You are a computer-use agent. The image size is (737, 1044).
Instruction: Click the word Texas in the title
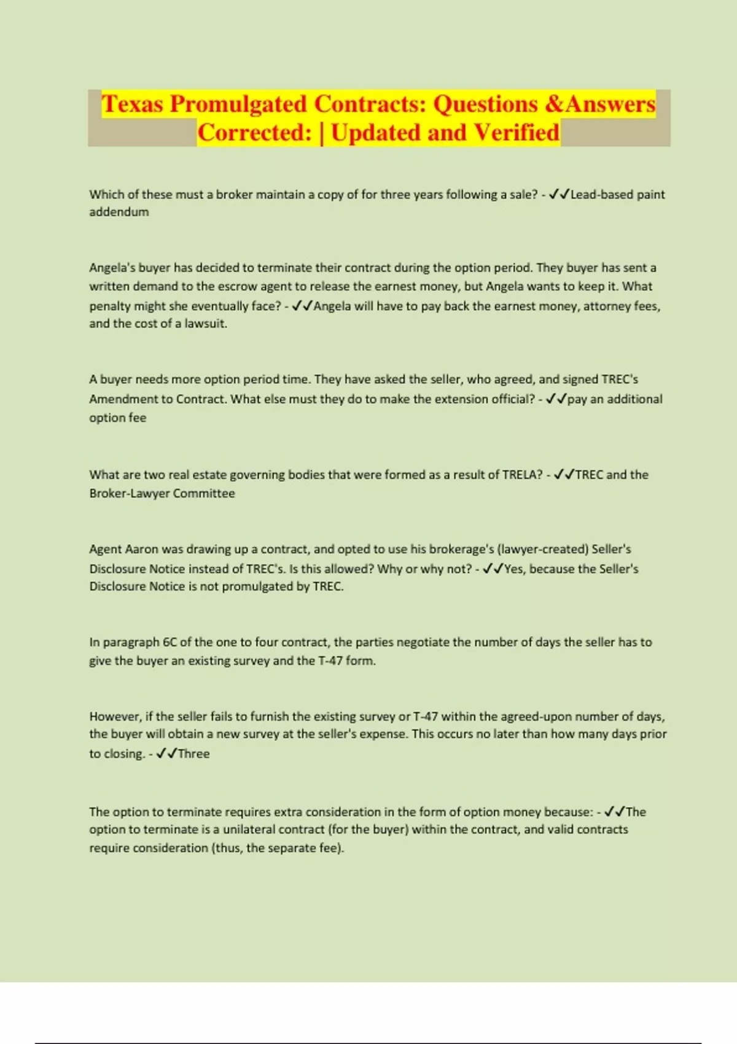133,104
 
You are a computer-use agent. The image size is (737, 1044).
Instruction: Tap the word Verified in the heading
517,133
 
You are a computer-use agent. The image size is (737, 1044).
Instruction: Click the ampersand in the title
553,104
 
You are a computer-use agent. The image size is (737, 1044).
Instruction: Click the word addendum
119,212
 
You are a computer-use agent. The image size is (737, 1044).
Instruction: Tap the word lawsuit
206,324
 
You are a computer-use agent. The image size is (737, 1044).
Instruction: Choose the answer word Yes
514,569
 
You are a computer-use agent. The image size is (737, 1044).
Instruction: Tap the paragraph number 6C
170,642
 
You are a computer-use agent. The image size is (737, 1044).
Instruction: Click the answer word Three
193,754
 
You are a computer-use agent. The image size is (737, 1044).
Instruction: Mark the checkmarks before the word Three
166,754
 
